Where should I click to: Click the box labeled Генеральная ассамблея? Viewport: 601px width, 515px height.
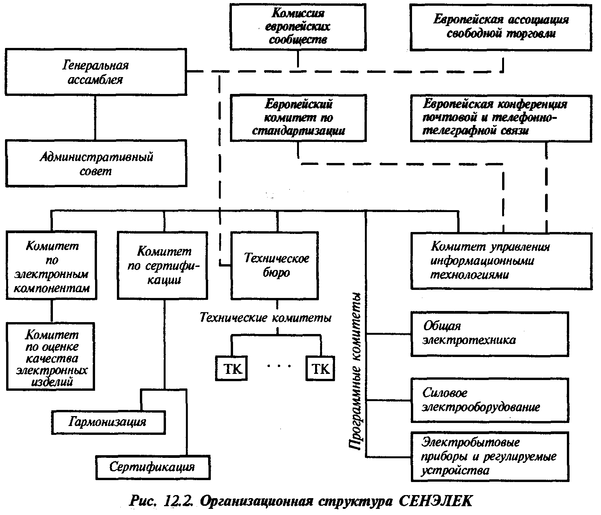pos(95,72)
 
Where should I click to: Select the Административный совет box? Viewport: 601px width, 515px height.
pos(95,163)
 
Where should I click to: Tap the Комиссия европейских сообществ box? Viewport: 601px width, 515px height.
pos(298,26)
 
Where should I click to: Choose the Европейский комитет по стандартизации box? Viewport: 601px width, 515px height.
pos(298,118)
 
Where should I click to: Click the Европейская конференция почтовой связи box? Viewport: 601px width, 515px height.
pos(501,118)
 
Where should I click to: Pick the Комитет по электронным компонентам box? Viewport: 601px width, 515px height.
pos(51,265)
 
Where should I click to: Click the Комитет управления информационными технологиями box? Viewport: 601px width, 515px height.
pos(501,261)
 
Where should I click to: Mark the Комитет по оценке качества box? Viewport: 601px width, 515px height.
pos(51,357)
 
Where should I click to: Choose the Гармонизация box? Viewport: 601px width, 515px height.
pos(108,422)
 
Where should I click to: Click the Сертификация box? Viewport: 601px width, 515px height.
pos(153,467)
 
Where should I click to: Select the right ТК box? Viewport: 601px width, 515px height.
pos(320,369)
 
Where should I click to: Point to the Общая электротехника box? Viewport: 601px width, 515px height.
pos(489,334)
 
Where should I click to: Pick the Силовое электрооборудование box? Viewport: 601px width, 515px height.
pos(489,400)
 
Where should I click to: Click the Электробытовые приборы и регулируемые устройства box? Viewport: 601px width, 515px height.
pos(489,456)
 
